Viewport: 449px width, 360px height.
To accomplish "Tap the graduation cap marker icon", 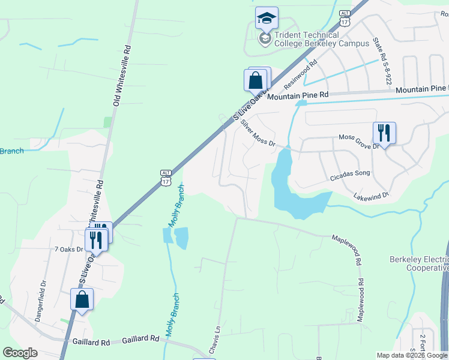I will coord(267,19).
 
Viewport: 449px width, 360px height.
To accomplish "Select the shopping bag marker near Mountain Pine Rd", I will coord(255,80).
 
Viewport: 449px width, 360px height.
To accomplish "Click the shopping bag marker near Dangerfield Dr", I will coord(82,299).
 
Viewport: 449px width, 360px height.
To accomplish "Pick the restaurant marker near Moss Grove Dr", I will coord(384,133).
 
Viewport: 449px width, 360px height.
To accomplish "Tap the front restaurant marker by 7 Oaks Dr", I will coord(95,239).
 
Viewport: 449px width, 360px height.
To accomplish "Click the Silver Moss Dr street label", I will coord(258,133).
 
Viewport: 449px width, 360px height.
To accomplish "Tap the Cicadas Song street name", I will coord(351,174).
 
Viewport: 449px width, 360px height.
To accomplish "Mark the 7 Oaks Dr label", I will coord(68,249).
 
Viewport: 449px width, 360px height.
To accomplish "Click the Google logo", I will coord(20,353).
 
